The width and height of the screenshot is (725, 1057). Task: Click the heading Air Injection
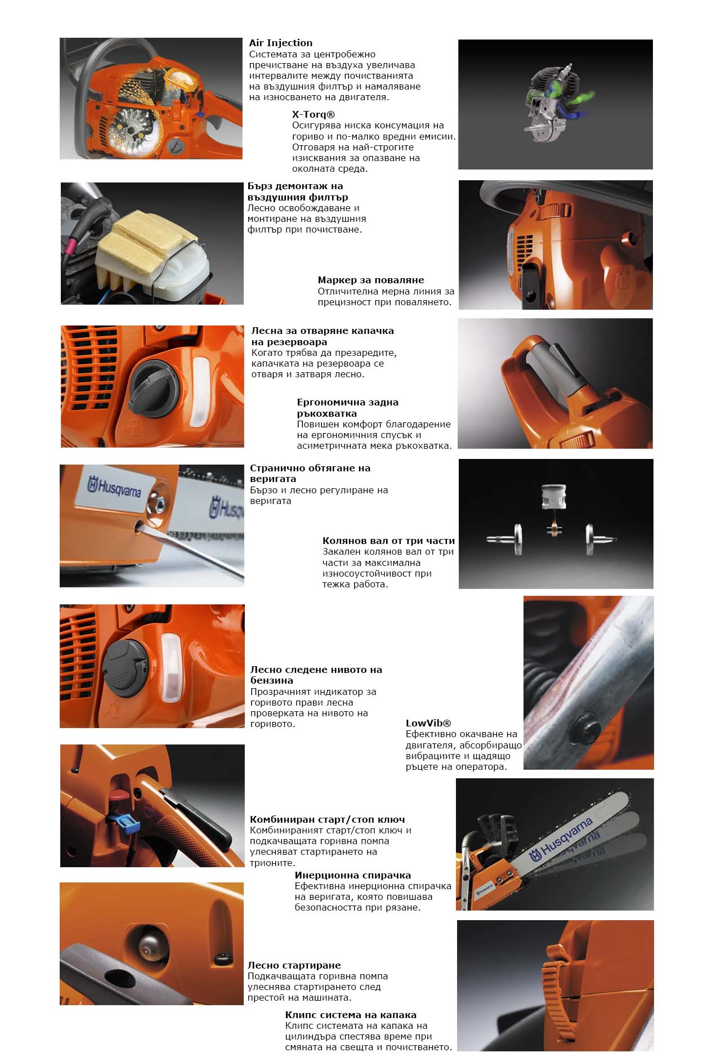(280, 43)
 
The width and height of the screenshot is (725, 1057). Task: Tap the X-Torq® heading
(313, 114)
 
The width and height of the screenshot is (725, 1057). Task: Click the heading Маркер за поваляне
(370, 280)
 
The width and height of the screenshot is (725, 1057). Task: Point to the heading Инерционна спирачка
(352, 875)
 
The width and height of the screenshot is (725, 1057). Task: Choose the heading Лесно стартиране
(294, 965)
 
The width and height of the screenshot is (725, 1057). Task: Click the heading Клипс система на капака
(351, 1015)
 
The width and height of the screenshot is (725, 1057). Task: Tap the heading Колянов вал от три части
(388, 541)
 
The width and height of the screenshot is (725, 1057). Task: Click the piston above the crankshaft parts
(554, 498)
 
